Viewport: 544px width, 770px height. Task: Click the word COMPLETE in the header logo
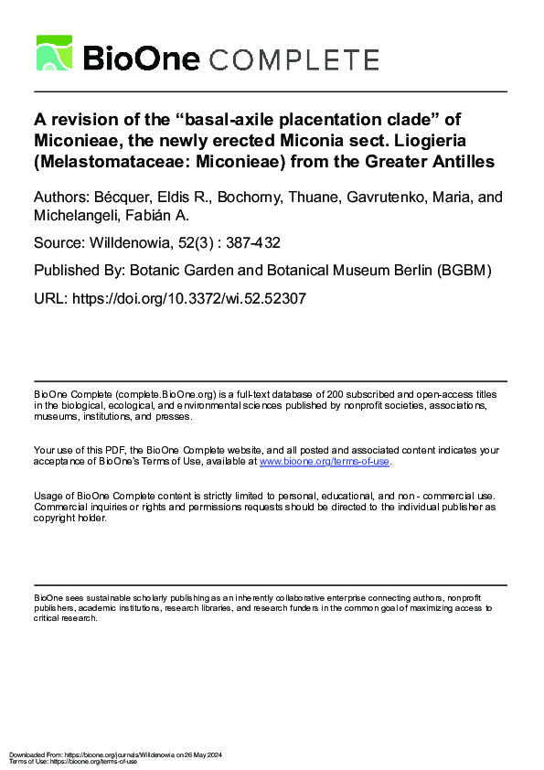[x=294, y=60]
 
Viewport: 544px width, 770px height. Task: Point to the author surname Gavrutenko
[x=396, y=198]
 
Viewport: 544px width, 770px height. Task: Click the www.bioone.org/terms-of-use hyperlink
[x=325, y=462]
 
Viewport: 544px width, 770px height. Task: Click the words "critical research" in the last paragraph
[x=66, y=618]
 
